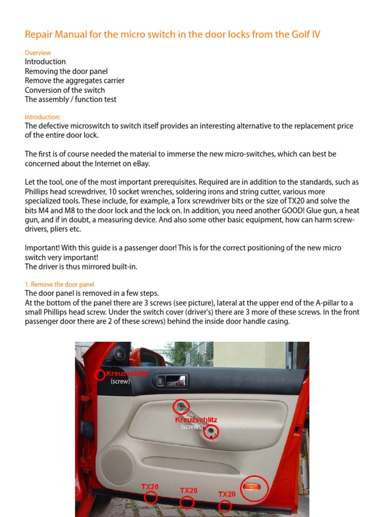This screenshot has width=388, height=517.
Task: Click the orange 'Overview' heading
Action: tap(38, 53)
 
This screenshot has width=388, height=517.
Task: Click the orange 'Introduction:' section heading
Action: tap(42, 117)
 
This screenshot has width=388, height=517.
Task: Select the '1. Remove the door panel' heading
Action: tap(60, 284)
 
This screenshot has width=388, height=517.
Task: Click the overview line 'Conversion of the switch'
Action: tap(65, 90)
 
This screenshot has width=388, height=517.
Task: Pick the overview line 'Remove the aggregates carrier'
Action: tap(74, 80)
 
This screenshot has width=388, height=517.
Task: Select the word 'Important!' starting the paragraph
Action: tap(42, 248)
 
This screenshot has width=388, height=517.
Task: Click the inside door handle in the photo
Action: tap(170, 380)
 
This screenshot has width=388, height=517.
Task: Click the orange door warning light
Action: tap(254, 487)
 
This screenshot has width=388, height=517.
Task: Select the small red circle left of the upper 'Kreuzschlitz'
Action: tap(100, 374)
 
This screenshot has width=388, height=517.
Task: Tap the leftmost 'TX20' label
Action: tap(150, 487)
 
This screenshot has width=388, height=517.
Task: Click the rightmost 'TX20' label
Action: tap(227, 494)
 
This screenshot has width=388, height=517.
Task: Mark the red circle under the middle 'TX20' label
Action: tap(187, 502)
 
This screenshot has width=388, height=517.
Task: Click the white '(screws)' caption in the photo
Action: tap(191, 427)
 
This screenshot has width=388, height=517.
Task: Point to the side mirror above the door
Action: tap(121, 353)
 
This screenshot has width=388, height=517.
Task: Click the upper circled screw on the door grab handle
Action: tap(180, 406)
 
